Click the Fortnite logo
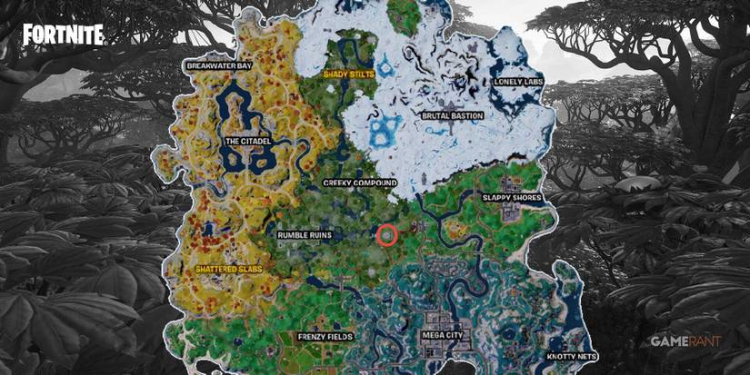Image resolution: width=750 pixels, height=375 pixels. (x=64, y=35)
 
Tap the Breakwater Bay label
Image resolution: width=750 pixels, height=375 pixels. (x=219, y=66)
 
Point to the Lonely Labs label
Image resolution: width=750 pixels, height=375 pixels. (x=518, y=81)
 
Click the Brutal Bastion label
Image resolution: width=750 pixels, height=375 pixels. (x=453, y=116)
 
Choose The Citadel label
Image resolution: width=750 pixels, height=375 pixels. (x=246, y=142)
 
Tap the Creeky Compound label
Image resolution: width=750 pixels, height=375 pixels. (x=361, y=183)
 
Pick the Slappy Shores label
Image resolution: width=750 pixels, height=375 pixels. (x=510, y=198)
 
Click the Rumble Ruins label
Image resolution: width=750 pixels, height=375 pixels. (x=305, y=235)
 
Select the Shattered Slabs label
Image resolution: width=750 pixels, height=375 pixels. (x=229, y=270)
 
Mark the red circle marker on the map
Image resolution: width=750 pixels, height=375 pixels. (x=386, y=236)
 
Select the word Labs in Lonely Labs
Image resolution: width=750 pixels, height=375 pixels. (x=532, y=81)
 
